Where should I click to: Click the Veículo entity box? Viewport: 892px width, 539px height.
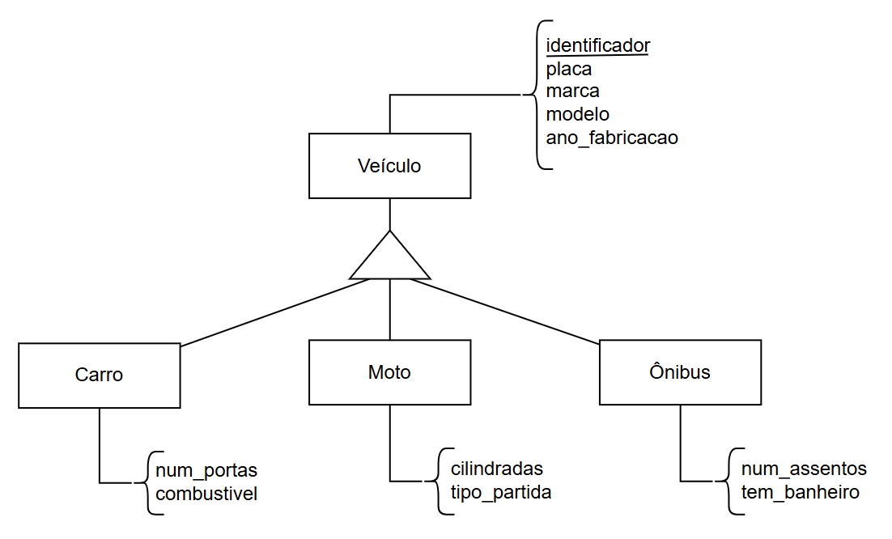(x=389, y=166)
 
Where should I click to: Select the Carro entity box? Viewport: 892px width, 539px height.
(x=99, y=375)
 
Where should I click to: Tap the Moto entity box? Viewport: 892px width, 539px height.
(x=389, y=372)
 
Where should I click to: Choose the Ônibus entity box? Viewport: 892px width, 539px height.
(x=680, y=372)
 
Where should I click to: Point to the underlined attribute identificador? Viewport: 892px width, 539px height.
(x=598, y=45)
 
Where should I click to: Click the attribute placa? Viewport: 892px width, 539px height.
(x=569, y=69)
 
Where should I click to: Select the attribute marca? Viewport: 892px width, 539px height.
(x=572, y=91)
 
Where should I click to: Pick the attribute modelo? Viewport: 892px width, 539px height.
(x=577, y=114)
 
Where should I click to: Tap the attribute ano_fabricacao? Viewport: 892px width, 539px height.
(x=612, y=138)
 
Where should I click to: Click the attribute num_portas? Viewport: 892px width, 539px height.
(x=206, y=470)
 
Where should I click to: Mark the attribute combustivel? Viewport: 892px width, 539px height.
(x=206, y=493)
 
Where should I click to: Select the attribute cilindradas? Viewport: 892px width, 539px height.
(x=491, y=469)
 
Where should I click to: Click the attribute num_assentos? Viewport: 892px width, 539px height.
(x=804, y=469)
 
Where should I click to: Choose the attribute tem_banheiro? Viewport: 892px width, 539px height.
(x=800, y=491)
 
